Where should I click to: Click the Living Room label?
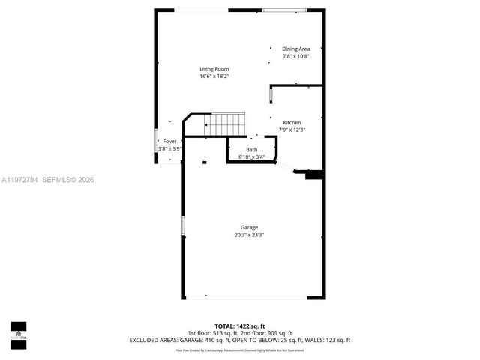214,69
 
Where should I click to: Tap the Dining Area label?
295,49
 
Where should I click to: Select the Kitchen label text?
292,122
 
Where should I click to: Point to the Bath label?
251,150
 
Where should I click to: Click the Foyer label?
170,142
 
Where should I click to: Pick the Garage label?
249,227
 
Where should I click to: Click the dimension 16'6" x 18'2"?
214,76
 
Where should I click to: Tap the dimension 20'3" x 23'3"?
249,235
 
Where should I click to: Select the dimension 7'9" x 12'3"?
292,130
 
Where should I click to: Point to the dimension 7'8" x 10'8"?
295,56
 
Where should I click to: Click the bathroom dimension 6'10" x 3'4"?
251,157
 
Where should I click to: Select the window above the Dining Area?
284,10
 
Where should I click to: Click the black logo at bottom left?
18,330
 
